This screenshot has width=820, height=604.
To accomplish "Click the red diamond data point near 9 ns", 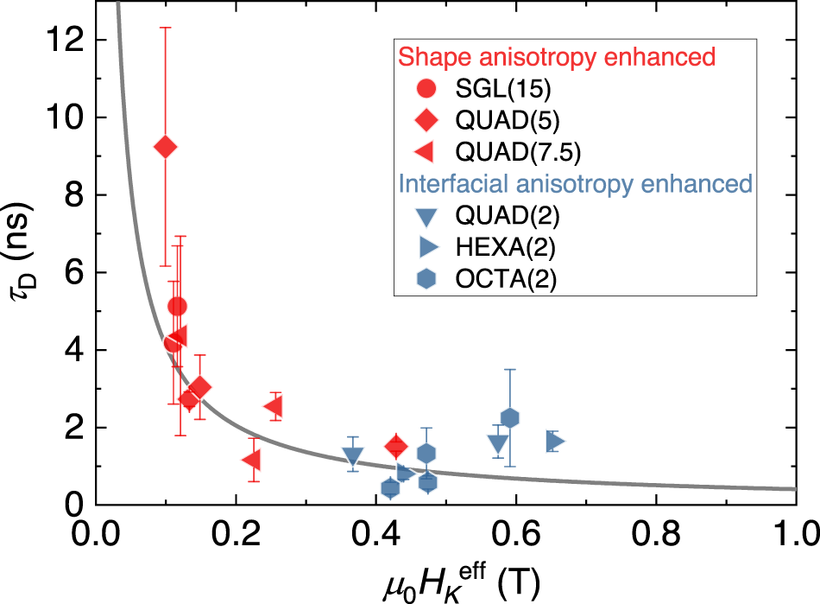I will point(165,147).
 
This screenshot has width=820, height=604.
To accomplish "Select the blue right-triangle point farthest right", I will point(555,442).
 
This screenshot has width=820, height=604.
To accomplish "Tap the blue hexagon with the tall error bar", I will point(509,418).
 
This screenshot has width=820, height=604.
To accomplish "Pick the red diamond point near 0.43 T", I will point(395,446).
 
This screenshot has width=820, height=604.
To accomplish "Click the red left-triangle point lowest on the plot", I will point(252,459).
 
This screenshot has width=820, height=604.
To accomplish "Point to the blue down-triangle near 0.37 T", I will point(352,456).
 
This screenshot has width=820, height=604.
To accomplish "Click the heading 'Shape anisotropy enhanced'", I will point(557,57).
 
